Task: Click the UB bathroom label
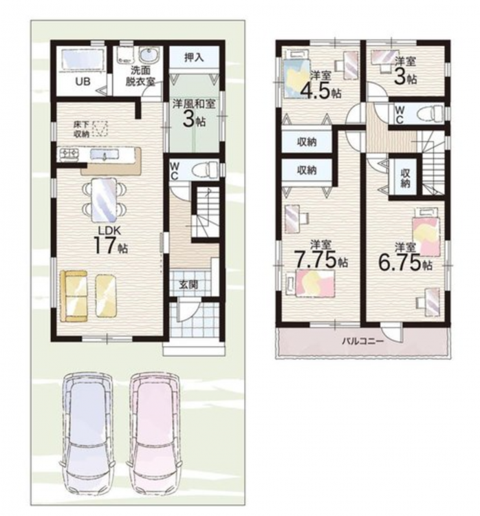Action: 83,81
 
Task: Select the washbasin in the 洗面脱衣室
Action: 149,55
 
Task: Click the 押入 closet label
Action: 194,58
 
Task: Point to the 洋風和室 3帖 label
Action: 194,113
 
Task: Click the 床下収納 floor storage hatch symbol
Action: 100,129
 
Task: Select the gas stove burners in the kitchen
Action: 69,153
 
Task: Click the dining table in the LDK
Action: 104,200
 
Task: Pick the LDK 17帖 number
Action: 111,246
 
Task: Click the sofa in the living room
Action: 74,295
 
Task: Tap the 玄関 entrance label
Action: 188,285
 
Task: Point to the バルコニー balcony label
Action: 362,341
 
